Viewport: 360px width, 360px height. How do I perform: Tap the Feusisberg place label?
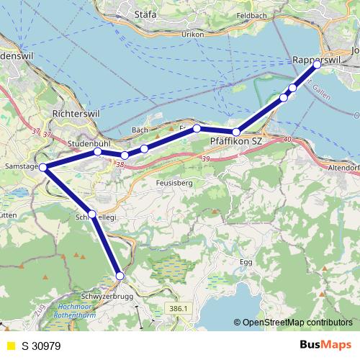[x=171, y=183]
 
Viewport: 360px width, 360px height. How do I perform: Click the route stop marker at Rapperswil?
[x=317, y=64]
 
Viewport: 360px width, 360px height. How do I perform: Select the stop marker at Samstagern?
[x=43, y=168]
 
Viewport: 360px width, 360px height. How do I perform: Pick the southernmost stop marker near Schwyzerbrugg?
[x=120, y=276]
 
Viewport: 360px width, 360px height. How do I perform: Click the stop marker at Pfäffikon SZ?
[x=235, y=132]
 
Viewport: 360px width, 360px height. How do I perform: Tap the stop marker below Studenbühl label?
[x=97, y=152]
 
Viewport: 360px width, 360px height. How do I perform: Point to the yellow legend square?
[x=9, y=346]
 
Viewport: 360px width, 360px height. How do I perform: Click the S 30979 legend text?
[x=42, y=346]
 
